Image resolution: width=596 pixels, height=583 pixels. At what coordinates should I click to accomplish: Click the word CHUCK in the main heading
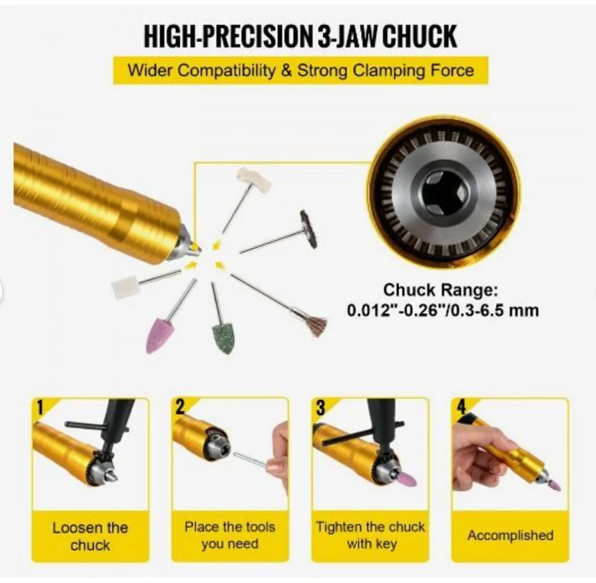click(419, 37)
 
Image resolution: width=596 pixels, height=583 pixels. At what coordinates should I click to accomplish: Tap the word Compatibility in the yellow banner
click(226, 71)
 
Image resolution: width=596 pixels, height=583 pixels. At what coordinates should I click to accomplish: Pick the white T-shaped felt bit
click(254, 178)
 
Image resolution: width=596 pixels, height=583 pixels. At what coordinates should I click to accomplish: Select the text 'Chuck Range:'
click(440, 290)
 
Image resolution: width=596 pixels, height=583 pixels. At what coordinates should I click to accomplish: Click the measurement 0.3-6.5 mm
click(495, 311)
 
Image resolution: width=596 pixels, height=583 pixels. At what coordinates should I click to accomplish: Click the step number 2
click(180, 407)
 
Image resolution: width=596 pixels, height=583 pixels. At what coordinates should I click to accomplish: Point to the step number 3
click(321, 407)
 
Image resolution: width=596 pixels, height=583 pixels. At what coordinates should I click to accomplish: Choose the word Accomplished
click(511, 535)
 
